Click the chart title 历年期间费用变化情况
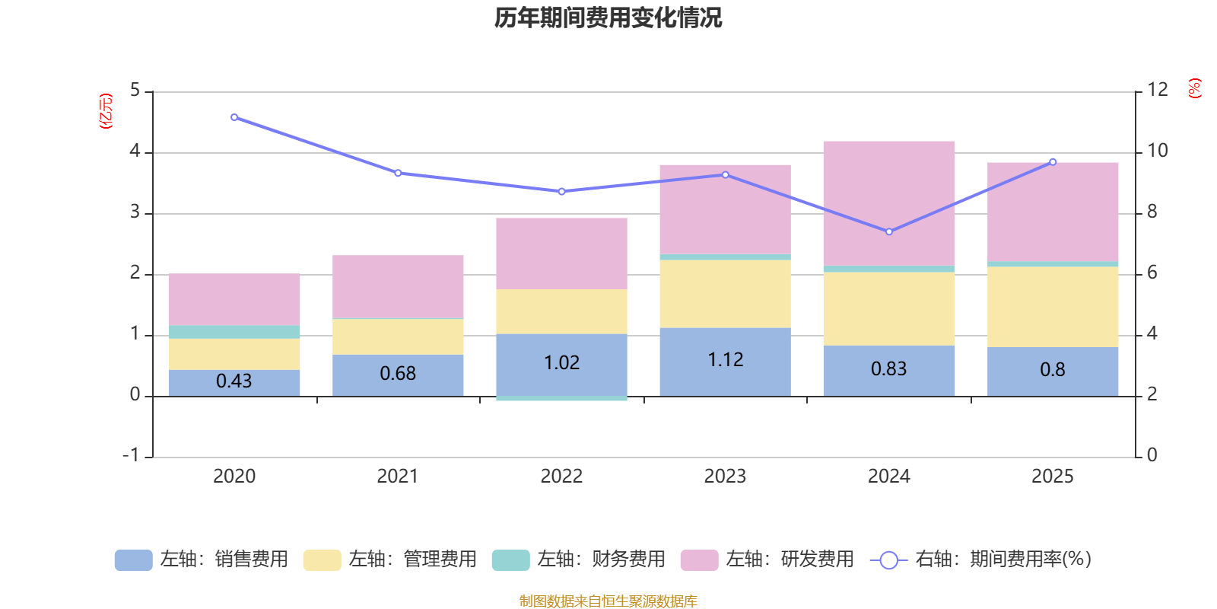point(608,18)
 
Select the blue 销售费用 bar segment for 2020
point(234,383)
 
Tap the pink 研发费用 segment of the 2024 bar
point(889,203)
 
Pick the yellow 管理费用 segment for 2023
point(726,294)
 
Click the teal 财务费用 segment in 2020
point(234,332)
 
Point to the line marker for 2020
point(234,117)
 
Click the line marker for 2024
point(889,231)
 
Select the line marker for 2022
point(562,191)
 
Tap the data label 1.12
point(726,360)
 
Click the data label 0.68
point(398,374)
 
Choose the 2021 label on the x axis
point(398,477)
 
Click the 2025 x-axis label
point(1053,477)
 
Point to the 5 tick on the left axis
point(135,91)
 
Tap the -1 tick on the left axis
point(131,455)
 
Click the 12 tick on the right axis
point(1157,90)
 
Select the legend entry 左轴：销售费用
point(202,560)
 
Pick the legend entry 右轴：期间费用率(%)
point(980,560)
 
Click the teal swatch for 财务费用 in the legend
point(510,560)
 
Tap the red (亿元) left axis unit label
point(106,111)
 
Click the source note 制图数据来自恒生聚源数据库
point(608,601)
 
